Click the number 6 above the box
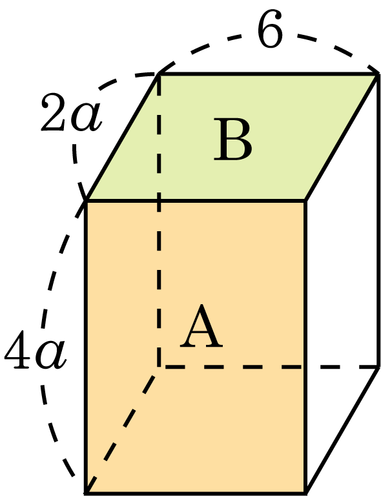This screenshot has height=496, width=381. coord(270,29)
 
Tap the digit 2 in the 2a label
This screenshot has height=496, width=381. coord(54,112)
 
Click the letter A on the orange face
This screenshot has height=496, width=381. coord(201,326)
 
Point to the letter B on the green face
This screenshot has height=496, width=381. coord(233,139)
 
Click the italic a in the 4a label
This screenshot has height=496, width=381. coord(51,355)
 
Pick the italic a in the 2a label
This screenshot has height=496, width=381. coord(86,118)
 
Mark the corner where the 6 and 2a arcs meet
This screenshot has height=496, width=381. coord(158,74)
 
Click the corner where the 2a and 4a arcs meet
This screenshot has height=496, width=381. coord(86,201)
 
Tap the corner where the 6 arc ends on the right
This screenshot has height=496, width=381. coord(378,74)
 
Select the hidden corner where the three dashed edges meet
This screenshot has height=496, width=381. coord(159,367)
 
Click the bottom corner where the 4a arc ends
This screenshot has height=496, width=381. coord(86,492)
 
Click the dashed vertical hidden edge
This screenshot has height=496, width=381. coord(159,220)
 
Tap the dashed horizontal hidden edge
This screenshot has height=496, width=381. coord(269,367)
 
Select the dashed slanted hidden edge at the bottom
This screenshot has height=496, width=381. coord(122,429)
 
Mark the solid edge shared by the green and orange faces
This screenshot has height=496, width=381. coord(196,201)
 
